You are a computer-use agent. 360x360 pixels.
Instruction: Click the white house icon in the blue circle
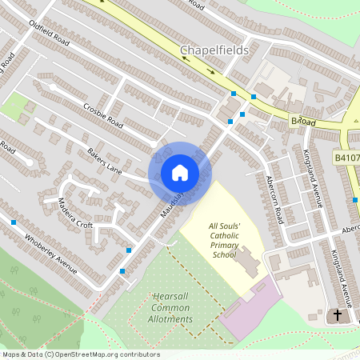pos(179,173)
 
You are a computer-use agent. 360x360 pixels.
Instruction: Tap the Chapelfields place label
pos(214,50)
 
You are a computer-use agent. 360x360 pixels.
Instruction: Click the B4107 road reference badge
pos(346,159)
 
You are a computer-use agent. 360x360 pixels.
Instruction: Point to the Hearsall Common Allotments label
pos(173,308)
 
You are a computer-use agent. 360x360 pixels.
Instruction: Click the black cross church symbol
pos(338,316)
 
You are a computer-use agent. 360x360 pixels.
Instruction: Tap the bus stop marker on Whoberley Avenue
pos(14,222)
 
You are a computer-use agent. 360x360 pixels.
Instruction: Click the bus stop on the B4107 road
pos(356,198)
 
